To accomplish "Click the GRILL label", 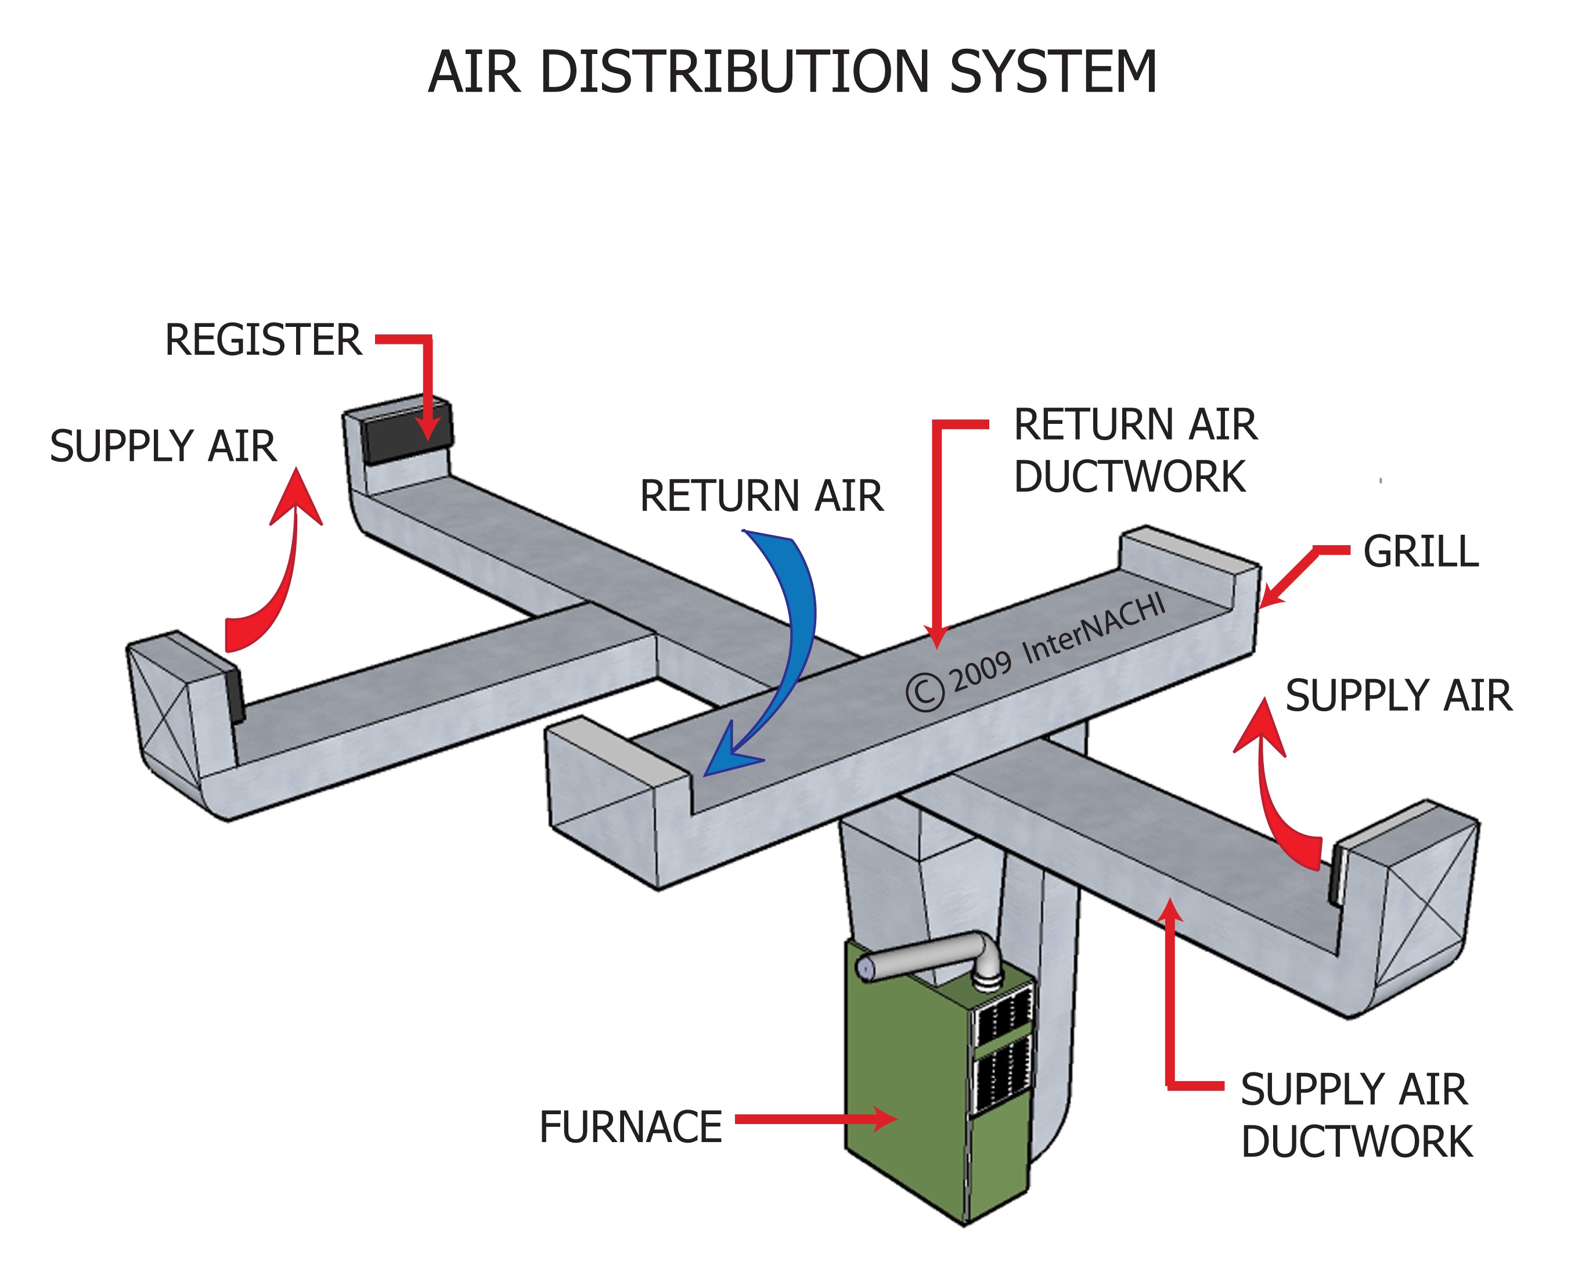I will [1421, 552].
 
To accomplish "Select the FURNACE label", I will [630, 1127].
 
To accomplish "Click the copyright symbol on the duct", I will [924, 692].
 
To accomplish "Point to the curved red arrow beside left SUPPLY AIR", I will [284, 568].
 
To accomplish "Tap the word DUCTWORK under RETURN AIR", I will [1130, 476].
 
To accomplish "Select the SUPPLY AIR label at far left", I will [163, 446].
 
